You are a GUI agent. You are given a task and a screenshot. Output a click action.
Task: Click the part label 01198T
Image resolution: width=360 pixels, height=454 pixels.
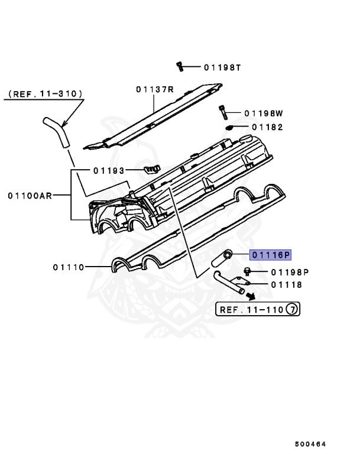click(x=223, y=67)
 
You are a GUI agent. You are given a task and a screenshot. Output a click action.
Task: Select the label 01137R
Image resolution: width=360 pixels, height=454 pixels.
click(x=154, y=89)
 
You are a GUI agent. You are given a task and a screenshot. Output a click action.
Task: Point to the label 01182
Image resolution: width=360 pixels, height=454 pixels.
click(x=267, y=127)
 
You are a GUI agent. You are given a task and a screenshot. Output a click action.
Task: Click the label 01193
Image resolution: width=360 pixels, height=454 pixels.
click(x=109, y=170)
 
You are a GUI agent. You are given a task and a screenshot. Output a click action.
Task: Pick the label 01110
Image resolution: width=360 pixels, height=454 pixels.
click(x=70, y=267)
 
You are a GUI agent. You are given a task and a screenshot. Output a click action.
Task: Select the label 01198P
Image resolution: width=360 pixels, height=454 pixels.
click(x=290, y=272)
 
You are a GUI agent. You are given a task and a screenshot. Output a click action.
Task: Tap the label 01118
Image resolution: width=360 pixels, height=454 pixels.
click(x=287, y=285)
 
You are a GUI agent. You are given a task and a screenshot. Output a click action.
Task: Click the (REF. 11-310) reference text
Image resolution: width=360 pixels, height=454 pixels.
click(x=45, y=94)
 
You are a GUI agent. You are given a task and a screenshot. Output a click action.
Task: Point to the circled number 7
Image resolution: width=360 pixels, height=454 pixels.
click(x=293, y=309)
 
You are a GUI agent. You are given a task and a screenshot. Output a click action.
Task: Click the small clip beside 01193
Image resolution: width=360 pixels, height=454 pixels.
click(x=152, y=170)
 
